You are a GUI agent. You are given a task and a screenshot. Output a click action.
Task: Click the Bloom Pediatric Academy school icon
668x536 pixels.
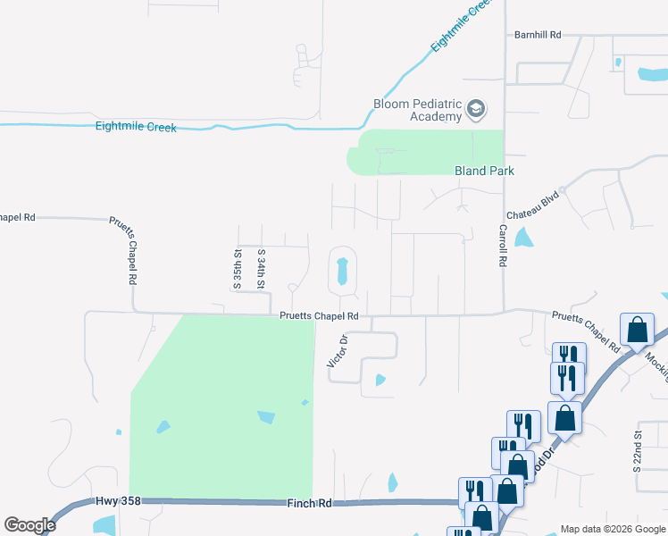point(477,110)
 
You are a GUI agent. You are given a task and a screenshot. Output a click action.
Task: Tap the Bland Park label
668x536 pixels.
point(485,171)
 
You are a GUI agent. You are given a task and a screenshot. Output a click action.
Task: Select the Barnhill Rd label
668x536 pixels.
point(537,35)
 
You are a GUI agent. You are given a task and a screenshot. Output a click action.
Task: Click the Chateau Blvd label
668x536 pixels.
point(532,204)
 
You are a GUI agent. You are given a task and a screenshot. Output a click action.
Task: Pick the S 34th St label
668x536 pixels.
point(262,269)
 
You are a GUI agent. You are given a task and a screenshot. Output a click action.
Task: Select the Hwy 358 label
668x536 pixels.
point(113,504)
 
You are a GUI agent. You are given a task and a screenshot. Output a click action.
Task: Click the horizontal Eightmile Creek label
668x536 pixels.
point(136,127)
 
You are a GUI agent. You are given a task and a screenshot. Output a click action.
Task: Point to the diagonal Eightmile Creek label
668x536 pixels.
point(460,25)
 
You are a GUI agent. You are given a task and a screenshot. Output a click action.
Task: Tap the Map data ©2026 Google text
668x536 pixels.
point(612,528)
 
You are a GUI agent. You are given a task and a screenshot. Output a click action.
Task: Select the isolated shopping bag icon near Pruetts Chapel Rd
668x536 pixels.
point(638,331)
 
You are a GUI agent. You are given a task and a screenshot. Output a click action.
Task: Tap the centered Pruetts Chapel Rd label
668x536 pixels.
point(319,315)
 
